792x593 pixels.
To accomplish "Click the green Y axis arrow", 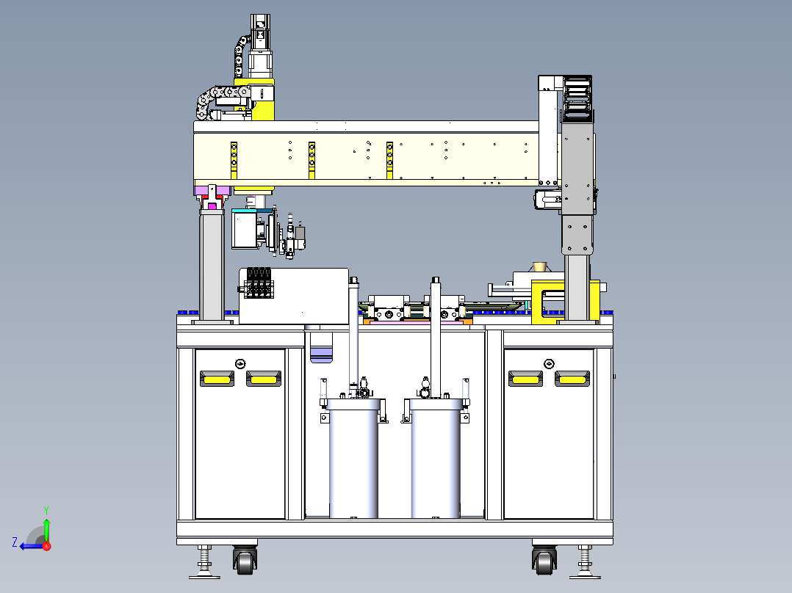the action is pos(46,528).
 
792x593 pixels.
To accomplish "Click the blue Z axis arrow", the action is pos(32,546).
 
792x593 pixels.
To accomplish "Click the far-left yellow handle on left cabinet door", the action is pos(217,379).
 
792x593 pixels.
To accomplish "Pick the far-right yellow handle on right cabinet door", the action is pos(572,379).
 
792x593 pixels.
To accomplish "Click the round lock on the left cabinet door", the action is pos(240,363).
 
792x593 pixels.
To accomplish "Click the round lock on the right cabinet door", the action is pos(549,363).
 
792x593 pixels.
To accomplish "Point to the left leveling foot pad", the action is pos(204,576).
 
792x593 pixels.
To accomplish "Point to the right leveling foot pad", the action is pos(585,576).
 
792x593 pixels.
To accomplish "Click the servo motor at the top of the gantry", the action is pos(260,46).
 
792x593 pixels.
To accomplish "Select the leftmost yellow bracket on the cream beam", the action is pos(234,161).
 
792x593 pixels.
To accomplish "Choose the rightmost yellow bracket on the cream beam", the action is pos(389,161).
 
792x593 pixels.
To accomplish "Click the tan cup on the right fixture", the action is pos(540,266).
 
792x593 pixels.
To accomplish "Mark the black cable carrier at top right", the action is pos(577,98).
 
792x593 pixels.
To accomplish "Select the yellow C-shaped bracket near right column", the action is pos(548,302).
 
